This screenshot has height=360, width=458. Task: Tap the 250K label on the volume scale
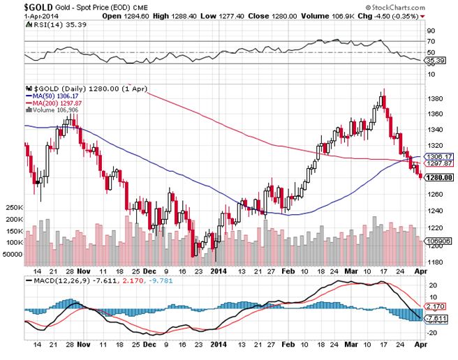13,208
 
